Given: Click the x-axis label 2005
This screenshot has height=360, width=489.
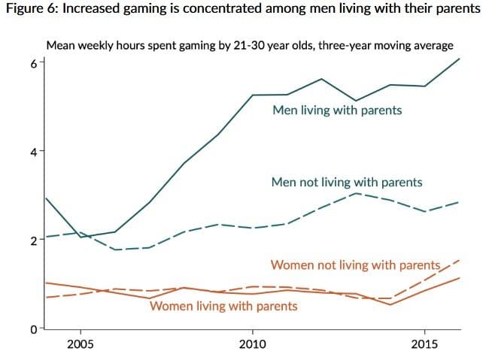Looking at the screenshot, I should tap(80, 345).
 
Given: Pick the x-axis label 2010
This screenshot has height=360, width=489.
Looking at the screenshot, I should tap(253, 345).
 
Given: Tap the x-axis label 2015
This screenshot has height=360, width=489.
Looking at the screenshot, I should tap(425, 345).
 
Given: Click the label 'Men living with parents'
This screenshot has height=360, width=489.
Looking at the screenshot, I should tap(337, 110).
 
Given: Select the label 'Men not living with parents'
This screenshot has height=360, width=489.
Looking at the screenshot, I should tap(346, 183).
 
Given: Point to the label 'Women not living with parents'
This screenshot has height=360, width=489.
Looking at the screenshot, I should tap(354, 265).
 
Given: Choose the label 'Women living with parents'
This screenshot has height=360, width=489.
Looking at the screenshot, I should tap(223, 306).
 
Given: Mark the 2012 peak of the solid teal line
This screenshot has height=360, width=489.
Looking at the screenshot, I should tap(321, 79).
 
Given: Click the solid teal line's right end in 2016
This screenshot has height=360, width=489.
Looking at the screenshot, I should tap(459, 59).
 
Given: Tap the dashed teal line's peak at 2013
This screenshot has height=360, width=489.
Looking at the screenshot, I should tap(356, 194).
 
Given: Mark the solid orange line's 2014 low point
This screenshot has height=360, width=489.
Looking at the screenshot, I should tap(390, 304).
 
